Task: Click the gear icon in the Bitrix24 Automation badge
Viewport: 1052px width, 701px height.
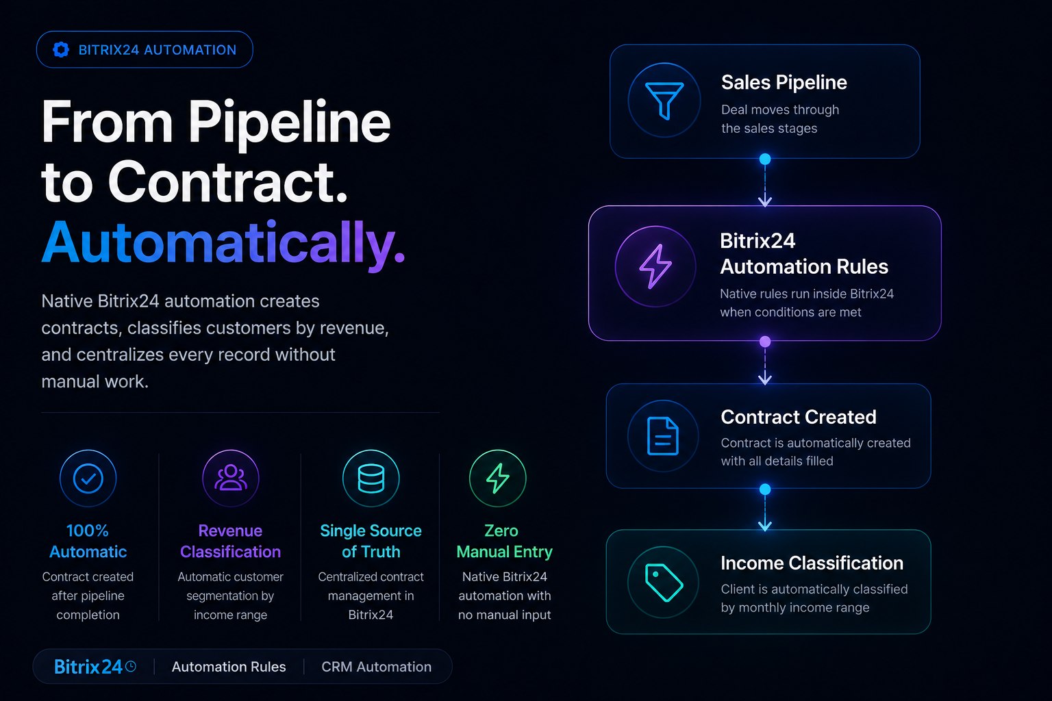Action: coord(60,49)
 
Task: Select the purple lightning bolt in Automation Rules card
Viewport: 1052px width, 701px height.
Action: coord(655,266)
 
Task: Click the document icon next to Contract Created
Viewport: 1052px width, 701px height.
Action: coord(663,436)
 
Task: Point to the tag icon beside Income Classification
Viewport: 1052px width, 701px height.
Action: coord(664,583)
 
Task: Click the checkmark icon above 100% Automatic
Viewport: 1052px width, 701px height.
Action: coord(88,479)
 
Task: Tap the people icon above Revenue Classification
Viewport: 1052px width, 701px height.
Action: coord(230,478)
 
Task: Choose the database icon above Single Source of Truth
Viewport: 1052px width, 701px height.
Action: coord(371,479)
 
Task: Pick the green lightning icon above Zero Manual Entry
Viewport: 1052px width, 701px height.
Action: coord(498,479)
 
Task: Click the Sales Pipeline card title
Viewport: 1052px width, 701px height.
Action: coord(784,83)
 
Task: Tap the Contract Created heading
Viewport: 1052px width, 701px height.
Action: coord(799,417)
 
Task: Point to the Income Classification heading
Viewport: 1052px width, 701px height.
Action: coord(812,563)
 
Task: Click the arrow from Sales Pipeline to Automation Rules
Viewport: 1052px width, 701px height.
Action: coord(765,186)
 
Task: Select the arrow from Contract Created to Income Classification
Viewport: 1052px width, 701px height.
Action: coord(765,513)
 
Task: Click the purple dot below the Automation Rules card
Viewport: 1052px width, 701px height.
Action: coord(765,342)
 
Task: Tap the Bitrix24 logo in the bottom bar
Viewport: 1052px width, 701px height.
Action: coord(95,667)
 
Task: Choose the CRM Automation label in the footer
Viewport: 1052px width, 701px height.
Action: coord(376,667)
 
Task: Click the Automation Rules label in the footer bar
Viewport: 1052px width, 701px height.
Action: coord(229,667)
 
